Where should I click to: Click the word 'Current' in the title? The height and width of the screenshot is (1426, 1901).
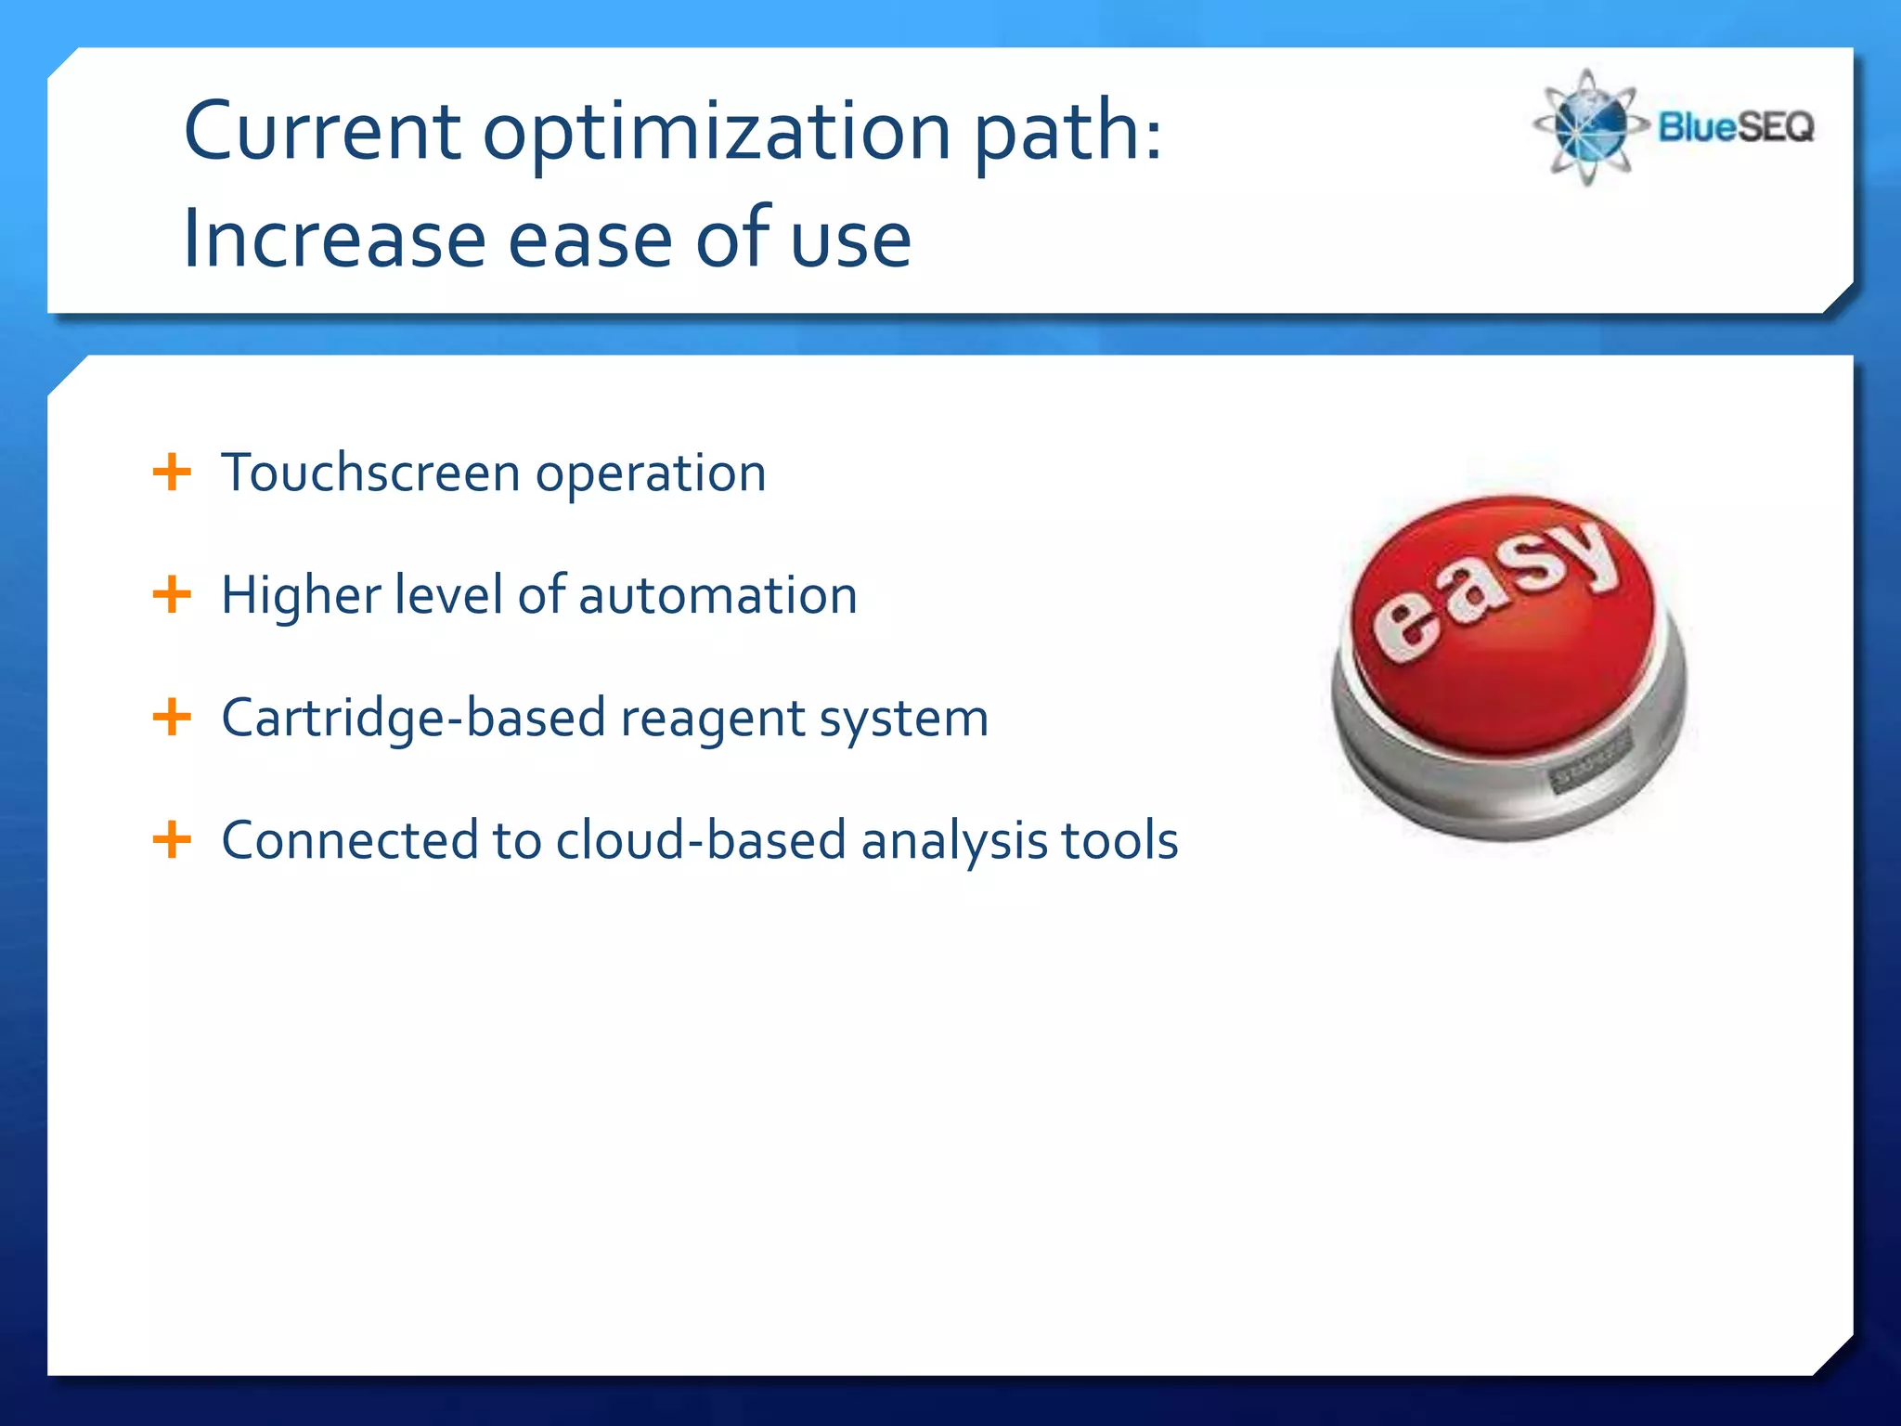322,132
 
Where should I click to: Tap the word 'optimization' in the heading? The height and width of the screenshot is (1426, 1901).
717,132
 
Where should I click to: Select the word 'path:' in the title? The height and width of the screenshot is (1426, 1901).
1067,132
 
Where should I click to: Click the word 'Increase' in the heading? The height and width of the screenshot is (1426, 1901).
334,240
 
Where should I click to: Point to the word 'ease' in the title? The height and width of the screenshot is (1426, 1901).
590,240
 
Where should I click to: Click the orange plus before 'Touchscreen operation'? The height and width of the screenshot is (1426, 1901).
172,472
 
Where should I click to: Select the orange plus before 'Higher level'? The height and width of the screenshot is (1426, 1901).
172,594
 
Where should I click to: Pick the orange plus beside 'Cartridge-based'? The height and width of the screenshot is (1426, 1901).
172,717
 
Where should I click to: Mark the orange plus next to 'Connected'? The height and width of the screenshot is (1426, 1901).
172,839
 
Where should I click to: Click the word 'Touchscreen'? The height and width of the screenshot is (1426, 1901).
370,473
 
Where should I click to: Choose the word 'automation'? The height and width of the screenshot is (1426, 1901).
718,596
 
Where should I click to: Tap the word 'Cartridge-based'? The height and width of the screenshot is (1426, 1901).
413,719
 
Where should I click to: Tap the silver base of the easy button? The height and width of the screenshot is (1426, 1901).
1448,789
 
